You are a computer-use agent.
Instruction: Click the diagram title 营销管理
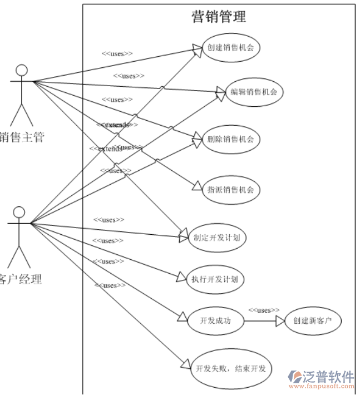pyautogui.click(x=219, y=17)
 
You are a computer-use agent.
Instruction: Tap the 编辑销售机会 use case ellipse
pyautogui.click(x=254, y=92)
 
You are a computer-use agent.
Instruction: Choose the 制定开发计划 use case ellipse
pyautogui.click(x=216, y=237)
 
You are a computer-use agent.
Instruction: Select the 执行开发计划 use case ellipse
pyautogui.click(x=214, y=279)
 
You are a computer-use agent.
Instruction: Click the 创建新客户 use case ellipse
pyautogui.click(x=312, y=320)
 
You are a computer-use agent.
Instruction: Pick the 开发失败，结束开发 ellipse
pyautogui.click(x=231, y=368)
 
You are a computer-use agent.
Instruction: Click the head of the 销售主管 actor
pyautogui.click(x=22, y=70)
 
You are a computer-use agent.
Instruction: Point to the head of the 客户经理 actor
pyautogui.click(x=19, y=212)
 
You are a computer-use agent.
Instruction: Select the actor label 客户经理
pyautogui.click(x=20, y=279)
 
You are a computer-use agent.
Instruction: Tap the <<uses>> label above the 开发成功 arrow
pyautogui.click(x=263, y=310)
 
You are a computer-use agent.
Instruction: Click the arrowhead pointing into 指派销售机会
pyautogui.click(x=196, y=187)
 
